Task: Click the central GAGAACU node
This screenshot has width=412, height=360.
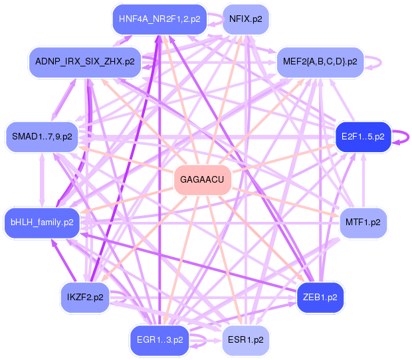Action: coord(202,180)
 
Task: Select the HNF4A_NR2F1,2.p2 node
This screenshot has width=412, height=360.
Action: coord(159,19)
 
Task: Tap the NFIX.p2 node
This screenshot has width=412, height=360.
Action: coord(245,19)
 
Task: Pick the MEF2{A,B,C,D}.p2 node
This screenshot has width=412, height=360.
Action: coord(320,61)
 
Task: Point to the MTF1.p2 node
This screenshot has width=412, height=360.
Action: coord(363,222)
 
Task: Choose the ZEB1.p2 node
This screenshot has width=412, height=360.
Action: coord(320,297)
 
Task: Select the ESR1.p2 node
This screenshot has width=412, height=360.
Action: coord(245,339)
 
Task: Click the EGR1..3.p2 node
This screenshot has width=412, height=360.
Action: coord(159,339)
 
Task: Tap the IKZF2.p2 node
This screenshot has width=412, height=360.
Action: coord(85,297)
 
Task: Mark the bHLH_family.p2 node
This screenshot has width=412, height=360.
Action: coord(42,222)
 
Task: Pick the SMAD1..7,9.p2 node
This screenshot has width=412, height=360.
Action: coord(42,137)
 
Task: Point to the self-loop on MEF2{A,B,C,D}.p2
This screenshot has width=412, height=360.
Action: coord(377,61)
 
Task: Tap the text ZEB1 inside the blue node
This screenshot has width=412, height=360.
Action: coord(314,297)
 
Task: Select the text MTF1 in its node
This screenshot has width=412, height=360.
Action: coord(358,222)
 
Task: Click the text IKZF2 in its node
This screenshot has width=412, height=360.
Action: coord(79,297)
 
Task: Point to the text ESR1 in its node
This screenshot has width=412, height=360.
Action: coord(239,339)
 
